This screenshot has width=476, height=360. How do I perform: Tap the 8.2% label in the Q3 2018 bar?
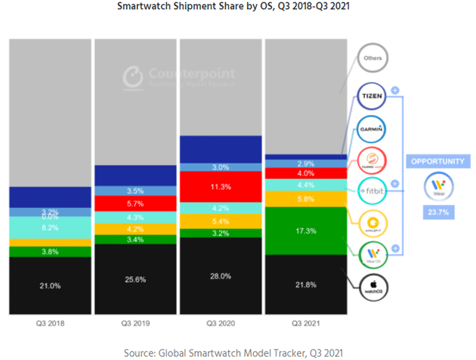click(x=49, y=227)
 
